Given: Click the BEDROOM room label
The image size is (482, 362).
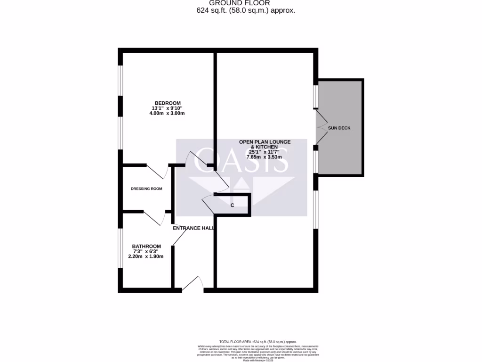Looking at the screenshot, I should [x=168, y=103].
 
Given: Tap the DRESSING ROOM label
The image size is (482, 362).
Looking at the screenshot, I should [x=146, y=189].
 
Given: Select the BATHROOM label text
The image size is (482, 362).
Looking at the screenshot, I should [x=146, y=246].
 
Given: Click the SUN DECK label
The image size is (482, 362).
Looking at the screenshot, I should [x=339, y=128].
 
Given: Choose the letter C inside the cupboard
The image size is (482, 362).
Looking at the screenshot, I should [x=232, y=205].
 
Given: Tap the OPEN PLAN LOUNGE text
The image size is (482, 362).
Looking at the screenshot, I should [x=265, y=142].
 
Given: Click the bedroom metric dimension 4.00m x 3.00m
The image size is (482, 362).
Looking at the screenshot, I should [x=168, y=113].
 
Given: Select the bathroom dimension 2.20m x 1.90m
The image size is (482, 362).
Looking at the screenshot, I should [x=146, y=256].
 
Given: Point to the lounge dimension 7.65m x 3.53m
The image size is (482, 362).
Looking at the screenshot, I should [x=264, y=157].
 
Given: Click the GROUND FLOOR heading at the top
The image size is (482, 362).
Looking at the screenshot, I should [x=240, y=3].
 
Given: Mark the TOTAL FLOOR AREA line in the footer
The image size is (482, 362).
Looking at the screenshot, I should [x=257, y=341].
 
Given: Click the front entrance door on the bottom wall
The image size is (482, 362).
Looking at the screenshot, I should [x=193, y=284].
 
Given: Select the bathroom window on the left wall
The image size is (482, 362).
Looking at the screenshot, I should [x=120, y=248].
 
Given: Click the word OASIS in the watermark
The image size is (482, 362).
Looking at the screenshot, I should [x=241, y=160].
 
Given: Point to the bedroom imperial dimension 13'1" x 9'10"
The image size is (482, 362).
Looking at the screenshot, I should [x=168, y=108].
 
